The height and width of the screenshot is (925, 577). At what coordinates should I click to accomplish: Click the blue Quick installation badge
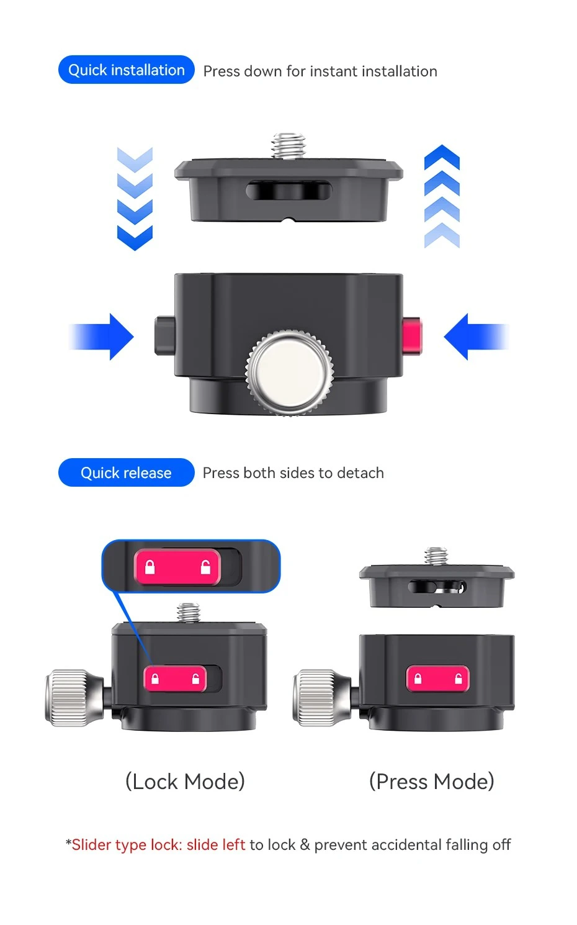tap(127, 70)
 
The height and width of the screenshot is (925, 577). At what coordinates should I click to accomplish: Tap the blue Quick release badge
tap(127, 472)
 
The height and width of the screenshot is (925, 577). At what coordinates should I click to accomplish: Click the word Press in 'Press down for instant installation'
tap(221, 71)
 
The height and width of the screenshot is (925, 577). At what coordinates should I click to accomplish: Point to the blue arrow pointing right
tap(101, 336)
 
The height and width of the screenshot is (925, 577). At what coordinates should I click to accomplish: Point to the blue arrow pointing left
tap(476, 336)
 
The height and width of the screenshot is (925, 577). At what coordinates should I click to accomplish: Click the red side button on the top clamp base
tap(412, 336)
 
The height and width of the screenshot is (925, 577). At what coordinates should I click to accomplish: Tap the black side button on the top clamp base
tap(164, 336)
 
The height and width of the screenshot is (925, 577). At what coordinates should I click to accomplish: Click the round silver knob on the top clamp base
tap(289, 372)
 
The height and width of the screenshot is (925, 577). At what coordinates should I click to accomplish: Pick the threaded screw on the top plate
tap(289, 145)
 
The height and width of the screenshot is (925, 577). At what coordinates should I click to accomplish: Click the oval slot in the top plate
tap(289, 191)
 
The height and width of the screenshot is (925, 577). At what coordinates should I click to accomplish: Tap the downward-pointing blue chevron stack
tap(135, 199)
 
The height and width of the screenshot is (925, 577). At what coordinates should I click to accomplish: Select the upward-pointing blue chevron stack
tap(442, 196)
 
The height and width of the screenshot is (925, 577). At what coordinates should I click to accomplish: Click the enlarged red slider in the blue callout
tap(177, 567)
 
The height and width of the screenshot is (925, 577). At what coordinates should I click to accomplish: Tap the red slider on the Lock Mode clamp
tap(176, 678)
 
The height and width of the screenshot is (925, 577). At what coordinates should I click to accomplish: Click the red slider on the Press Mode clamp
tap(438, 678)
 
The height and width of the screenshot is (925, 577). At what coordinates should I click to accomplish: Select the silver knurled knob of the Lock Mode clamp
tap(74, 697)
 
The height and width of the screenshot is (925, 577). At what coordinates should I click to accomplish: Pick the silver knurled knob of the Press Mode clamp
tap(322, 697)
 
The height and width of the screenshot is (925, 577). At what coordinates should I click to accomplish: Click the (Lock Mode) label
tap(186, 782)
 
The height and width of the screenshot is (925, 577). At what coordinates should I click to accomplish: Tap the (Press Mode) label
tap(432, 782)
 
